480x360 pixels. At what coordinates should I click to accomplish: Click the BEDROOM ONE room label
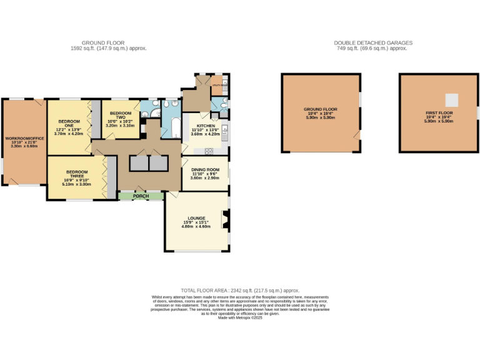(69, 121)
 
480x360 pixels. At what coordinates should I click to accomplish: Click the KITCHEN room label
(206, 126)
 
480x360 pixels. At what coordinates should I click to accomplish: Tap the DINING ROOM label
(205, 169)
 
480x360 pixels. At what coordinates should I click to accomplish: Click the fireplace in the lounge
(225, 218)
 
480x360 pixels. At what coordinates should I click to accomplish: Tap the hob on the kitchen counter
(208, 150)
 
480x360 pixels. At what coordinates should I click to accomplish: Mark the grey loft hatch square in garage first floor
(451, 99)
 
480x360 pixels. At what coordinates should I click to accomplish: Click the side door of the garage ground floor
(357, 136)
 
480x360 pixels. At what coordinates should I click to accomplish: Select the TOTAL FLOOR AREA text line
(240, 291)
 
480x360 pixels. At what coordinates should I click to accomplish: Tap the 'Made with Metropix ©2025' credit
(240, 318)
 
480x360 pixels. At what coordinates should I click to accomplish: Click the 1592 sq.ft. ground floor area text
(109, 48)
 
